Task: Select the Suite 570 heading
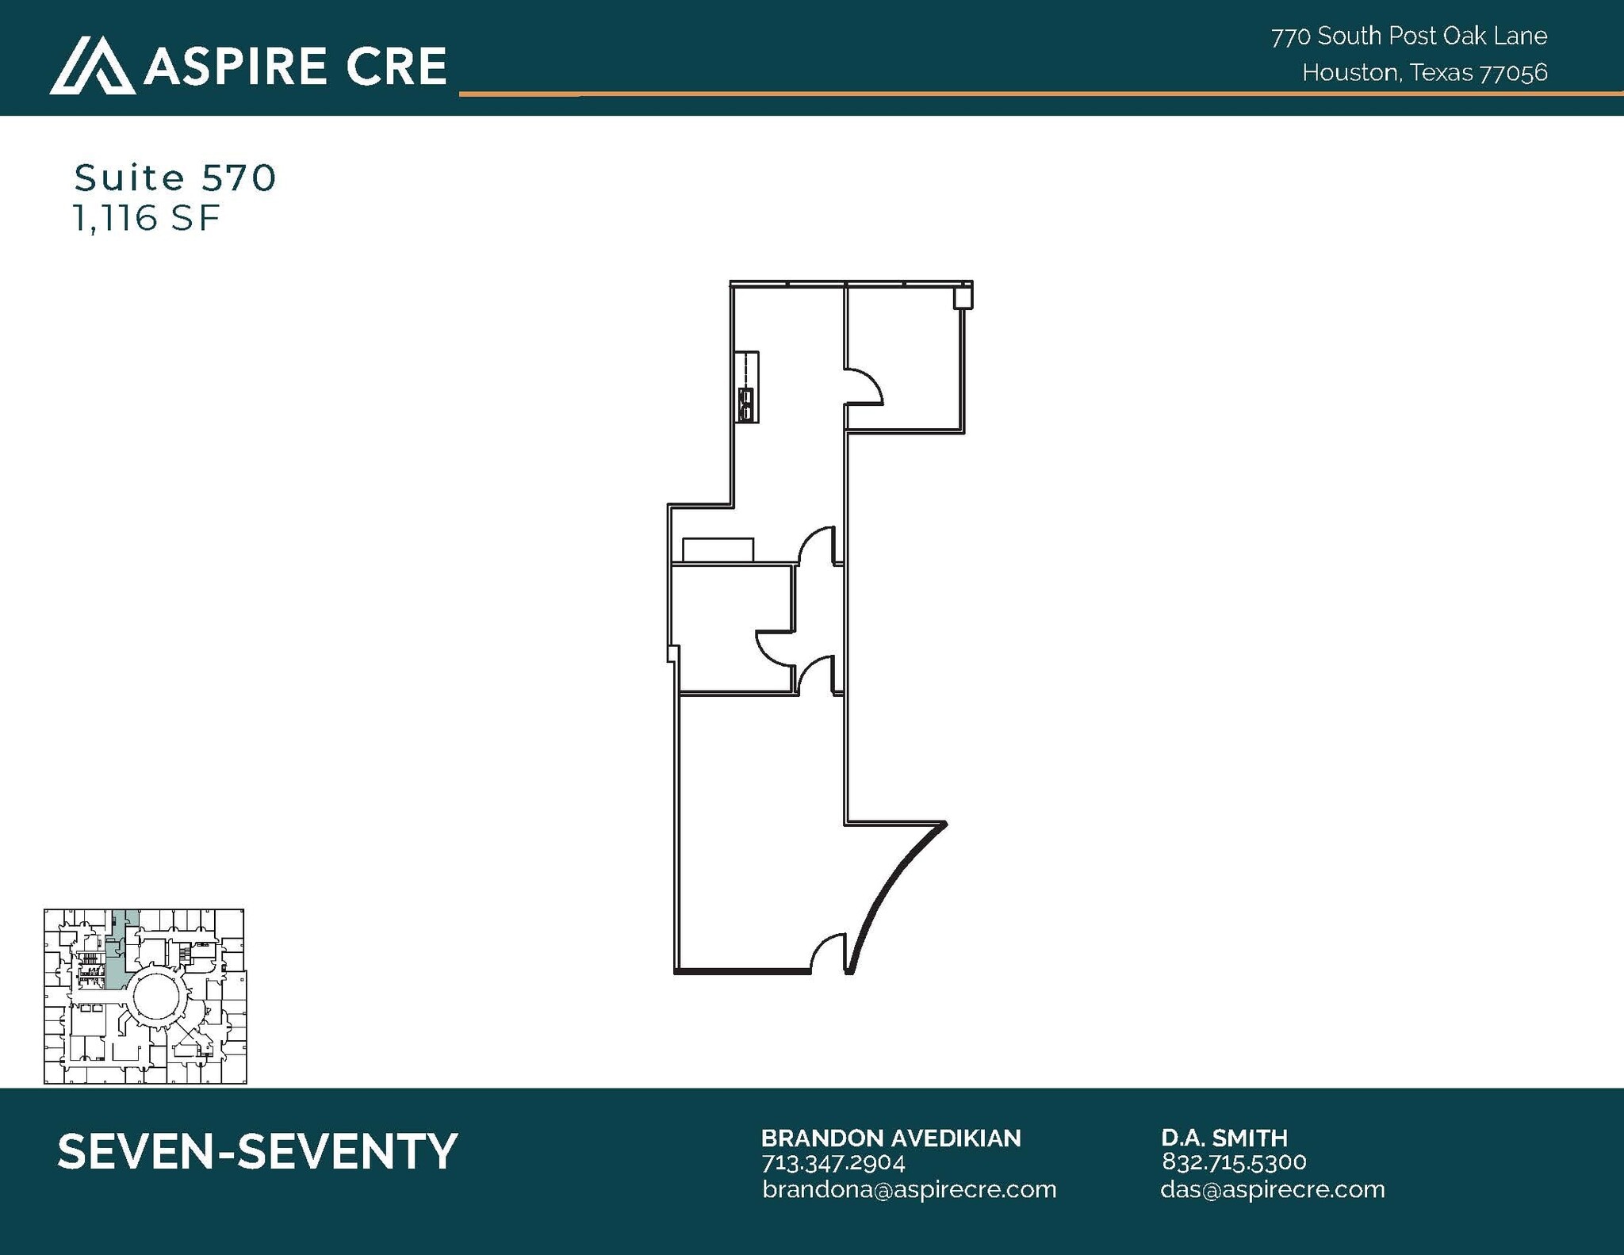point(175,178)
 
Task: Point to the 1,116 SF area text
point(146,218)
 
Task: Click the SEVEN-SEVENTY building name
point(258,1151)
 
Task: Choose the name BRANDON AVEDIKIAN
point(891,1138)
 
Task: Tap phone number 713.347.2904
point(833,1162)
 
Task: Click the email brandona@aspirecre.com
point(909,1189)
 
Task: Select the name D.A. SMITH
point(1224,1138)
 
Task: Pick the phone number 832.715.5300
point(1234,1162)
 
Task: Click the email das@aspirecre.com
point(1272,1189)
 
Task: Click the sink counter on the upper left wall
point(747,387)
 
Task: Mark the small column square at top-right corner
point(963,298)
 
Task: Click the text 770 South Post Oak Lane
point(1408,36)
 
